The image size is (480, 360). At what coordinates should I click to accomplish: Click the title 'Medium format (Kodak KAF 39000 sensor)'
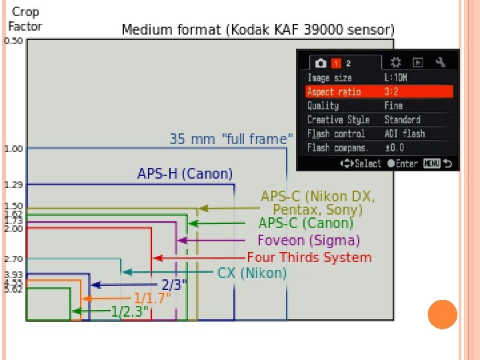point(258,30)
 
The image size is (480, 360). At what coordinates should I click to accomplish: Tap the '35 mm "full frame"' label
point(231,139)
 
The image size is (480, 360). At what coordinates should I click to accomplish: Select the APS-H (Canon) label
point(185,174)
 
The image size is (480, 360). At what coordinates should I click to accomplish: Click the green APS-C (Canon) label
point(305,223)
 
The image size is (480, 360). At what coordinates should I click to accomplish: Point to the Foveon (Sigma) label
point(309,240)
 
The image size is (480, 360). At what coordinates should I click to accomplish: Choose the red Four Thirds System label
point(309,257)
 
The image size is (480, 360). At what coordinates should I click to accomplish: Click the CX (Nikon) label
point(252,273)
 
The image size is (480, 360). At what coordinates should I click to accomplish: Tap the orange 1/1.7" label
point(152,298)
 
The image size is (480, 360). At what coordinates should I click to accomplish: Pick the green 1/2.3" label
point(130,311)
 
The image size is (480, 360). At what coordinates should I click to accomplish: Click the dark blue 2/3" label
point(174,285)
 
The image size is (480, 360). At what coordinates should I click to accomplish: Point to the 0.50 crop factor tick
point(13,40)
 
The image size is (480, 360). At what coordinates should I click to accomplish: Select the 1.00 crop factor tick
point(13,148)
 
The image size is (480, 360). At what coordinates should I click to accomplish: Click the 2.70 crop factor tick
point(13,258)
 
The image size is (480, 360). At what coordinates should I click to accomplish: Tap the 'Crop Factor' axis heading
point(25,19)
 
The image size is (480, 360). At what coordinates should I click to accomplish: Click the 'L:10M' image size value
point(395,78)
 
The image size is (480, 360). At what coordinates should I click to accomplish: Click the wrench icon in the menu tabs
point(440,62)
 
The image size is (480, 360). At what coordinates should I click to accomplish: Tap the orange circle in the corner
point(442,314)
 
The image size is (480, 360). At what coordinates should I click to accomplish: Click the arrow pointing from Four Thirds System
point(199,258)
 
